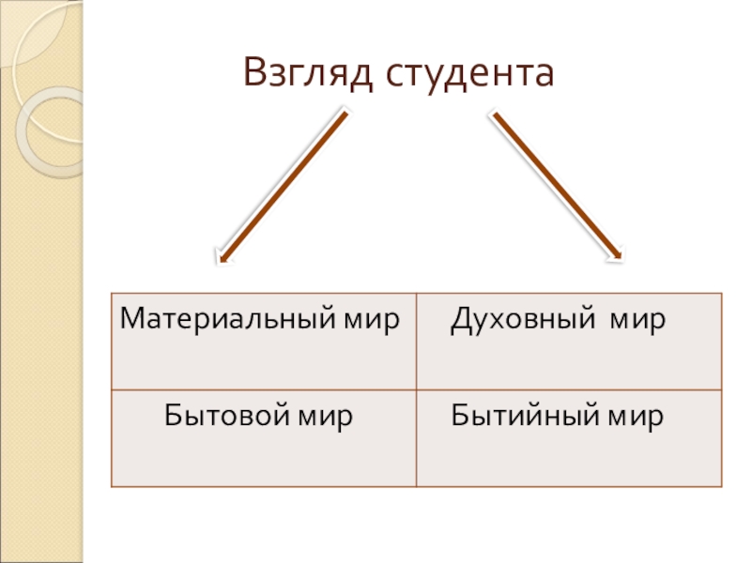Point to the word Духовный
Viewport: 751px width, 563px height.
click(x=519, y=321)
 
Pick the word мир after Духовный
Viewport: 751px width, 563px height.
click(x=637, y=321)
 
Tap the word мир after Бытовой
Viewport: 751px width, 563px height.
click(x=325, y=414)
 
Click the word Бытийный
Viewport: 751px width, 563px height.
click(x=523, y=414)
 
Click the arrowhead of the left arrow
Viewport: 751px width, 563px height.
click(x=220, y=258)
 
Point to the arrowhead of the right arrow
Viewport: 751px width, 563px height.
click(x=618, y=255)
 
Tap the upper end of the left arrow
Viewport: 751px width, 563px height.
click(x=345, y=114)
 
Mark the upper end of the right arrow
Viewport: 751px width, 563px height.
click(x=492, y=114)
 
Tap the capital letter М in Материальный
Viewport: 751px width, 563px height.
click(x=130, y=321)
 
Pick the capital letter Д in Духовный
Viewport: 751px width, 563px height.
click(x=460, y=322)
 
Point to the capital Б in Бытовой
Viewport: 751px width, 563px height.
click(x=173, y=414)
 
